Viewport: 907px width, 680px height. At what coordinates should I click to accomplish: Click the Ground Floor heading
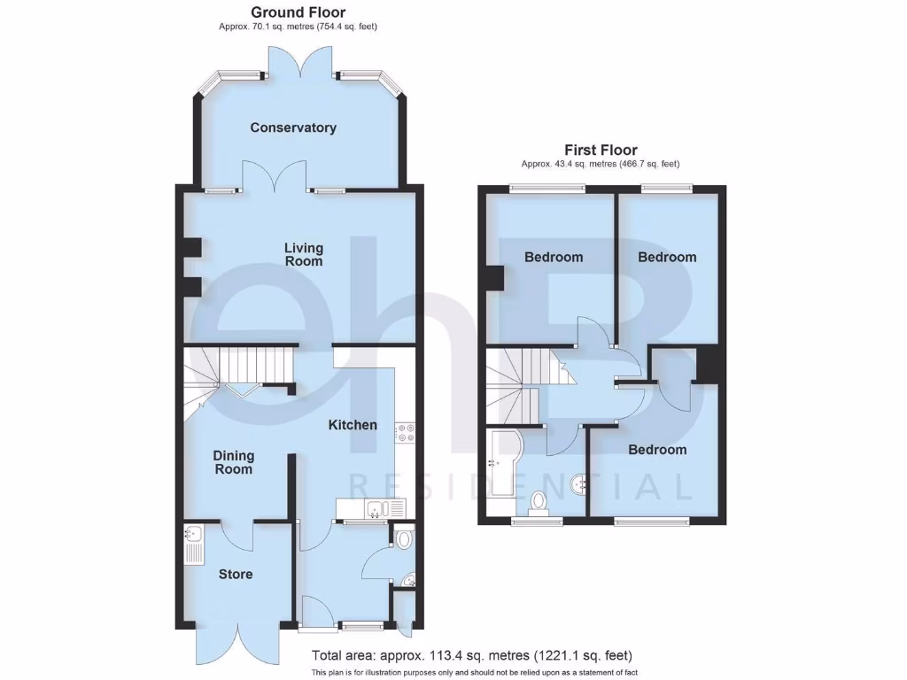298,12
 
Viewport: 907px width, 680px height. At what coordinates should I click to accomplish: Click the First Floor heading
601,151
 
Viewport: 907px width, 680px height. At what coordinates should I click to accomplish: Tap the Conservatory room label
293,127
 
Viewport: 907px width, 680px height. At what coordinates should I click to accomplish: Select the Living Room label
303,255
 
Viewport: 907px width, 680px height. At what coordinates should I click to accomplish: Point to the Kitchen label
353,425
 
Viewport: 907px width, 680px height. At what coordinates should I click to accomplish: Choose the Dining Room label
233,462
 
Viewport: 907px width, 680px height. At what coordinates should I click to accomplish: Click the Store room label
236,574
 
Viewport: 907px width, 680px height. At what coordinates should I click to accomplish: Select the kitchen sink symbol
376,508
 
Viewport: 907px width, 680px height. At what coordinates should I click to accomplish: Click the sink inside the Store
193,535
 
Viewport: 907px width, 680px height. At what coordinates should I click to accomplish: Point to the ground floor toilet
404,538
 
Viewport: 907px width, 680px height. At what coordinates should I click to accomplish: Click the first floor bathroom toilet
538,503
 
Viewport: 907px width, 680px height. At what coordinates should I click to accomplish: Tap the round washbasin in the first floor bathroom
580,483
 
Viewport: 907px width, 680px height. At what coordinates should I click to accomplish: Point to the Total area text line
471,656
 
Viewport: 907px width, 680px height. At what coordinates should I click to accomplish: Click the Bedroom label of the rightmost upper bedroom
667,257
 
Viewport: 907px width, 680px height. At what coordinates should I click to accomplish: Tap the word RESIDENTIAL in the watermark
521,486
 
